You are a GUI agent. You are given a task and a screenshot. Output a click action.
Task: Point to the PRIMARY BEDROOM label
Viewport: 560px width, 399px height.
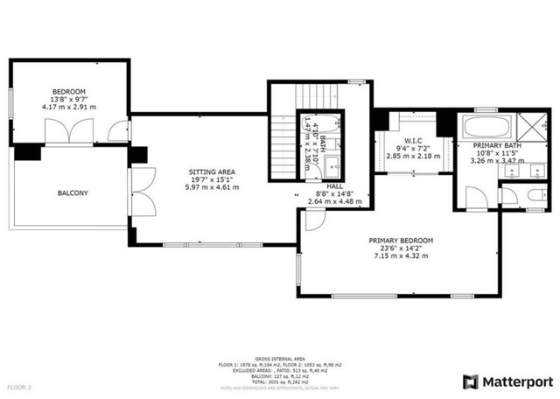[401, 240]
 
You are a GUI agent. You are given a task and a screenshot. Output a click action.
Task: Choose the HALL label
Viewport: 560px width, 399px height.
[335, 185]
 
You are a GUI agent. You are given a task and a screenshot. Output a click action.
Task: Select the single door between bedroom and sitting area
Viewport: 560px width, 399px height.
[115, 132]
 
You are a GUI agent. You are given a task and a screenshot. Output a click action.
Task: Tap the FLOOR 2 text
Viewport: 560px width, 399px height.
[20, 386]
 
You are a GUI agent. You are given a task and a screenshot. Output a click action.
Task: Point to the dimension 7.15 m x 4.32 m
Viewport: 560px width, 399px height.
[401, 255]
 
